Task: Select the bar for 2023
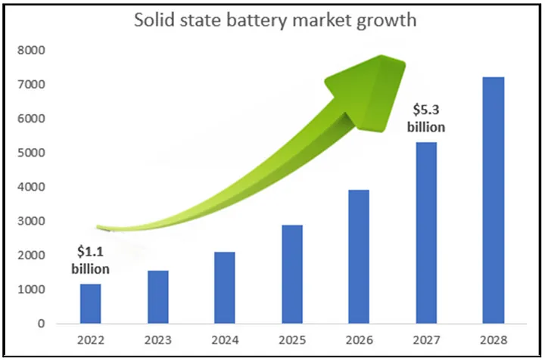pyautogui.click(x=157, y=297)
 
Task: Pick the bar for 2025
pyautogui.click(x=291, y=275)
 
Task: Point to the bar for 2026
pyautogui.click(x=359, y=257)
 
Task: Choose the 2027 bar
pyautogui.click(x=426, y=233)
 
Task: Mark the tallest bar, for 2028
pyautogui.click(x=493, y=200)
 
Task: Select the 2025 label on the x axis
pyautogui.click(x=291, y=341)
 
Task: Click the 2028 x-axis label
pyautogui.click(x=493, y=341)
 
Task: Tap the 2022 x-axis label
pyautogui.click(x=91, y=341)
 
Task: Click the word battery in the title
pyautogui.click(x=274, y=20)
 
